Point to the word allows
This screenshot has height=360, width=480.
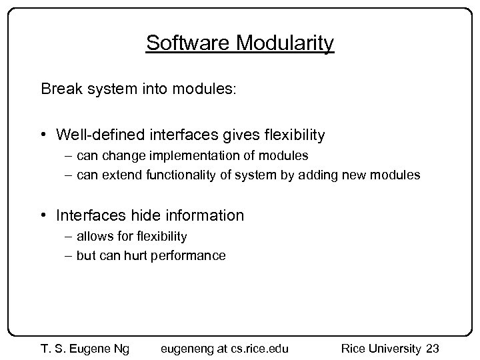coord(93,236)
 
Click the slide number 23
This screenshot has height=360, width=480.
coord(432,348)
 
